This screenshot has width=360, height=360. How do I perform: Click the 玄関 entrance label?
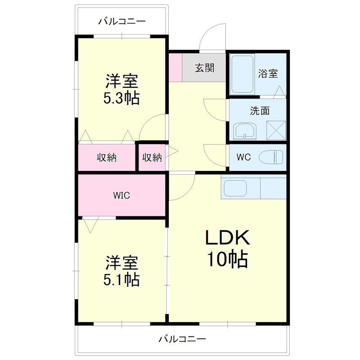coord(204,68)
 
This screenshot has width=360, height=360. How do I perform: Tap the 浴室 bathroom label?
coord(268,74)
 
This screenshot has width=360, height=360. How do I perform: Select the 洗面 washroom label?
coord(260,111)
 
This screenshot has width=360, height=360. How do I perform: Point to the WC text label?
coord(243,157)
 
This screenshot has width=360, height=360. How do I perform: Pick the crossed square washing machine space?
coord(276,131)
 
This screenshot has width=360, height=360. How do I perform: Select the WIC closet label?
coord(121,195)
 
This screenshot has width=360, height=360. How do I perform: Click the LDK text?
coord(227,237)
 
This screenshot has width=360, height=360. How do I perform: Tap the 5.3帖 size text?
coord(121,98)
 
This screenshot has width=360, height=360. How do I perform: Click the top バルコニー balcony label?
coord(121,21)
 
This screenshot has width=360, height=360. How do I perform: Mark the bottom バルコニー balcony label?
coord(182,338)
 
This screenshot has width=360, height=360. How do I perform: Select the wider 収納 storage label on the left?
coord(107,157)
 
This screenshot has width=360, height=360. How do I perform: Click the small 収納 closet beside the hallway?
coord(152,157)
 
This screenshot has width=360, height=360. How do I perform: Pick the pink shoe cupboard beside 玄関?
coord(175,67)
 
